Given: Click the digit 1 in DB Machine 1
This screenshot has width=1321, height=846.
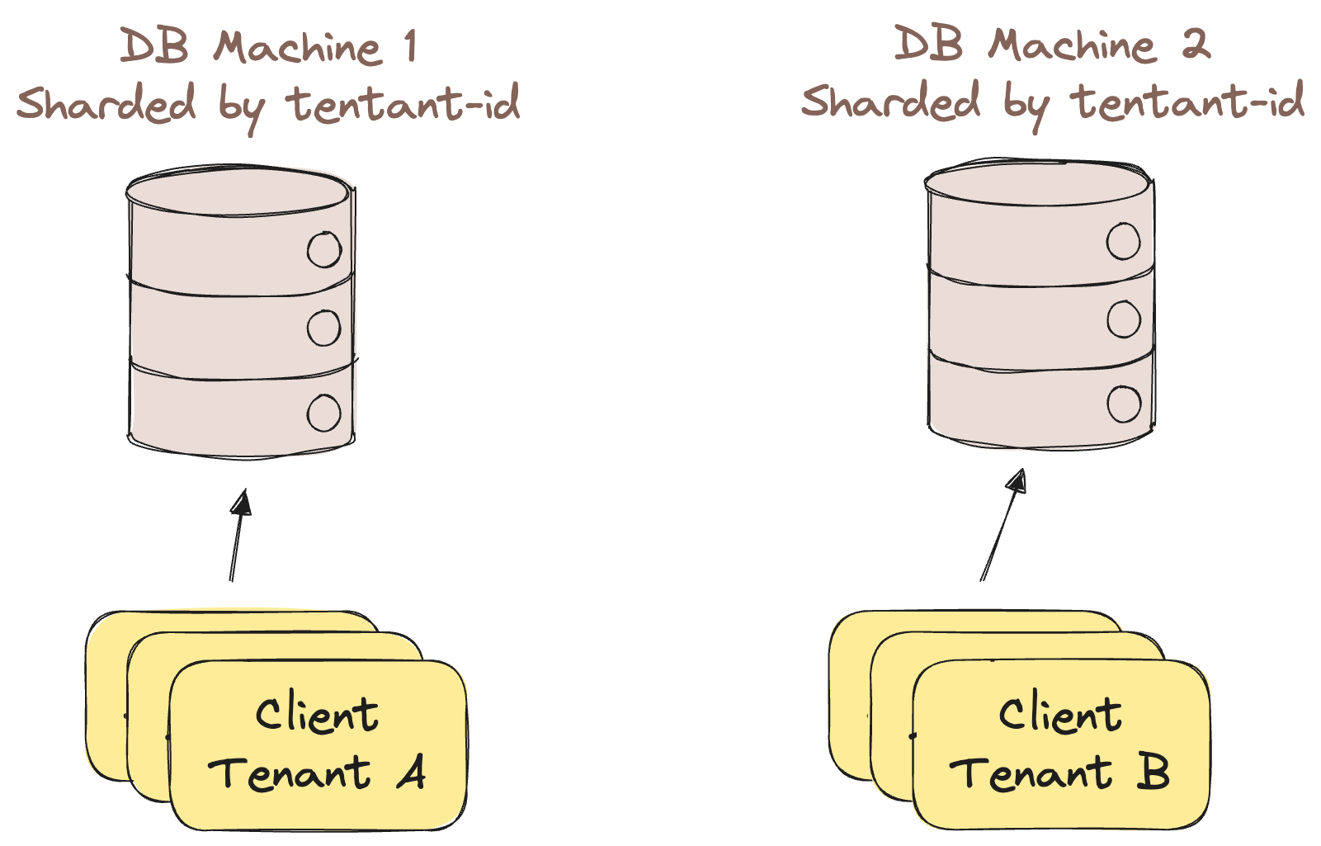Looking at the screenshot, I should click(410, 46).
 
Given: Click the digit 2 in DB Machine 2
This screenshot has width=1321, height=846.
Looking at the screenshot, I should click(1195, 44).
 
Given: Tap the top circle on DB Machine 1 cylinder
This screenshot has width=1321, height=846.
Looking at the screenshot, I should click(324, 250).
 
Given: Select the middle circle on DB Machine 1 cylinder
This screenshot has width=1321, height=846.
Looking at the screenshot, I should click(324, 328).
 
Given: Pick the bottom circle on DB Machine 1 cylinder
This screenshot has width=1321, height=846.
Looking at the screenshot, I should click(324, 413).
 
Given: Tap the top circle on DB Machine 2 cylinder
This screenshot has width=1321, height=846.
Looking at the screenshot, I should click(1123, 242).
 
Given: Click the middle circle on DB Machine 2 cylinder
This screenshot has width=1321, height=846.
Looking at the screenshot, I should click(1123, 319).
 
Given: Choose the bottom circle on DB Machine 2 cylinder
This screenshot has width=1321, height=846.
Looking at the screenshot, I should click(1123, 404).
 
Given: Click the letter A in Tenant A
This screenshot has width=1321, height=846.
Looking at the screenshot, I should click(410, 773).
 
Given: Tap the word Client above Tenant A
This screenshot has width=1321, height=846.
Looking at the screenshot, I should click(317, 715).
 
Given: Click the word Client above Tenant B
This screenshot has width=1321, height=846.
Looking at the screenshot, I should click(1060, 715).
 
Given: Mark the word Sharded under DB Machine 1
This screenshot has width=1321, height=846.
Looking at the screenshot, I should click(106, 104).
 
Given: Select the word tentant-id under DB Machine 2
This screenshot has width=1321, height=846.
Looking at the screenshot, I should click(1187, 102).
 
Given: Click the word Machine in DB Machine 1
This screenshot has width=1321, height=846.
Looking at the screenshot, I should click(298, 47).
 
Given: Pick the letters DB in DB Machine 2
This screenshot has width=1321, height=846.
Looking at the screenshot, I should click(929, 44).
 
